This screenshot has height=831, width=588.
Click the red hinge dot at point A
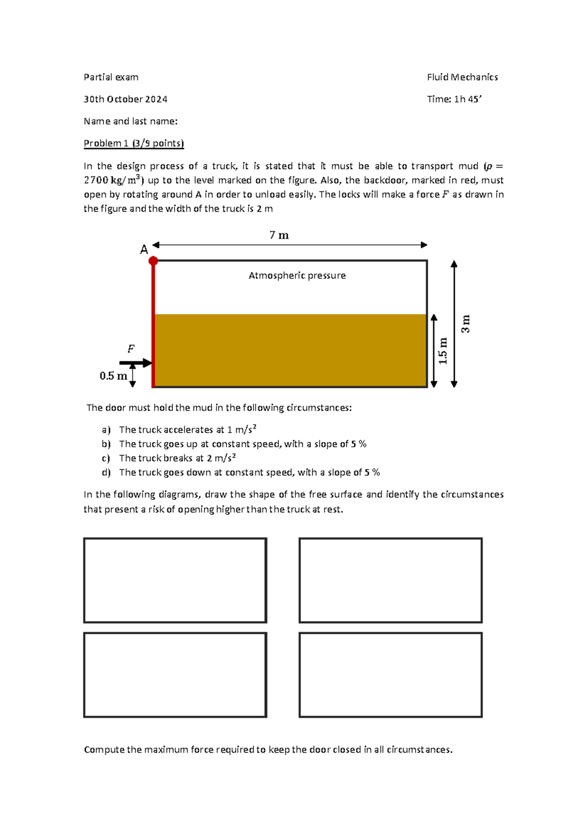point(153,261)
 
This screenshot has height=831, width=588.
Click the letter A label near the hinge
point(144,250)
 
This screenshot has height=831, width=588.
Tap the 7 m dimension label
point(279,236)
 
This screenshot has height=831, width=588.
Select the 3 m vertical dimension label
point(465,324)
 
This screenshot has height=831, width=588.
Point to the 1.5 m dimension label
point(443,350)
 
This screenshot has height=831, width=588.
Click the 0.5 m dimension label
point(113,376)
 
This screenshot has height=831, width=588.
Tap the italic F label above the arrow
point(131,349)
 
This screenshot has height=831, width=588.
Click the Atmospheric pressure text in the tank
point(297,275)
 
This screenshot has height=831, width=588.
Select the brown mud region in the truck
point(290,350)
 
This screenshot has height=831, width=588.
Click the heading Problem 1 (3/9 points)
point(133,143)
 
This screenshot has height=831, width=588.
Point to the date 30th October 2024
point(125,99)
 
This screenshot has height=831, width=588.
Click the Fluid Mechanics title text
point(462,77)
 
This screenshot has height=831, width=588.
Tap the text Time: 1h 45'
point(454,99)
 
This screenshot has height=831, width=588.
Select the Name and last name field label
point(130,121)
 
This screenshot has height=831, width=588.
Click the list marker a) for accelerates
point(106,430)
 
